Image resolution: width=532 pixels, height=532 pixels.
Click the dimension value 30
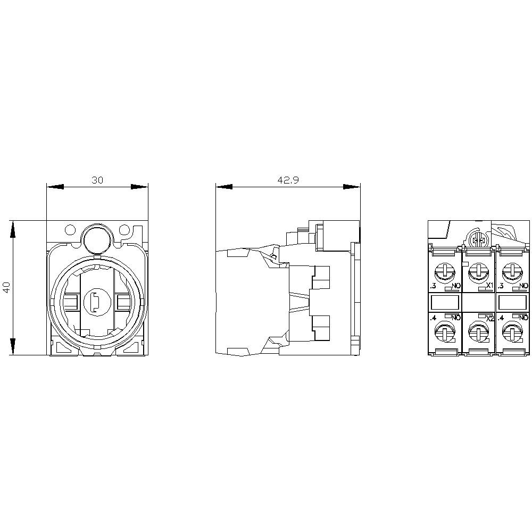pyautogui.click(x=97, y=180)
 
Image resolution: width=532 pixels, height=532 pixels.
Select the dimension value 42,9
pyautogui.click(x=288, y=180)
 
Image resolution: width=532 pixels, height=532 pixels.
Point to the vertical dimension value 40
pyautogui.click(x=6, y=288)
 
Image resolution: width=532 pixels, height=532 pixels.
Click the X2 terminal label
pyautogui.click(x=491, y=318)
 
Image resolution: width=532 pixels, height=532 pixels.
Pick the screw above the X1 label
pyautogui.click(x=478, y=273)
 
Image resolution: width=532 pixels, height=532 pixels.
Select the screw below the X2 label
pyautogui.click(x=478, y=334)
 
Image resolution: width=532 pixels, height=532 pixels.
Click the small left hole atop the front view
pyautogui.click(x=70, y=230)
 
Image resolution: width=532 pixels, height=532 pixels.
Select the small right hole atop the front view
pyautogui.click(x=124, y=230)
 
